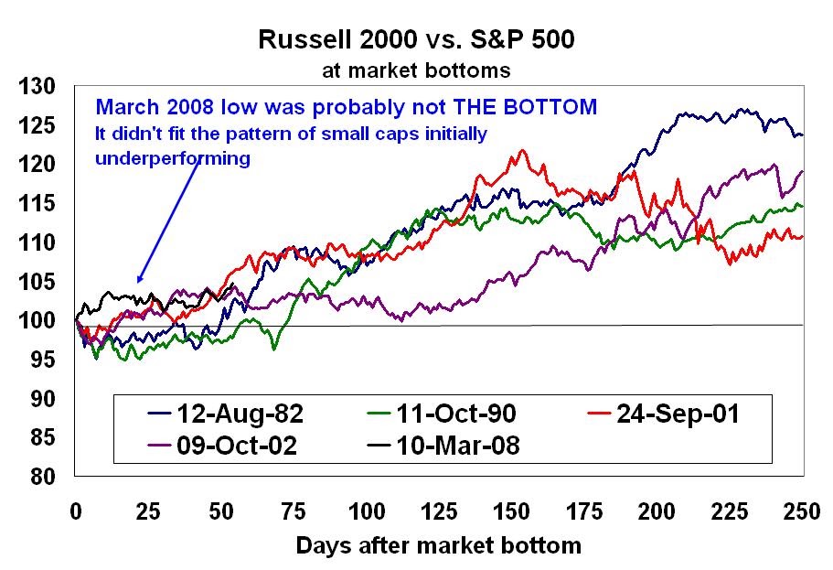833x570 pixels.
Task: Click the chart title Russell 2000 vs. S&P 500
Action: point(416,40)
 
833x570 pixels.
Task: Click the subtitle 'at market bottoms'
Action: point(416,70)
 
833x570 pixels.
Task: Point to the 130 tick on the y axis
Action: point(37,86)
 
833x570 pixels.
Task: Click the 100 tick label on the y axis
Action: point(37,320)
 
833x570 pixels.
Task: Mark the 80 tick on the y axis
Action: point(43,477)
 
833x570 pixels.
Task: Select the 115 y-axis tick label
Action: point(37,203)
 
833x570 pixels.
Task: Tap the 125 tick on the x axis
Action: point(439,511)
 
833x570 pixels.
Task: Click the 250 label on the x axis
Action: point(802,511)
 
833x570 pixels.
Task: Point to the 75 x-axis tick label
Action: point(293,511)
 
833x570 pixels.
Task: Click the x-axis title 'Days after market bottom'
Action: point(438,546)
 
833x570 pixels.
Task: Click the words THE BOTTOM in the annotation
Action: point(525,107)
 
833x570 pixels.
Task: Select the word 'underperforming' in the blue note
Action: point(173,158)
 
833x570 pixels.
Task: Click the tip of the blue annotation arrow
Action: point(138,283)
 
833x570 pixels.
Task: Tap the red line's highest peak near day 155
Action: point(522,150)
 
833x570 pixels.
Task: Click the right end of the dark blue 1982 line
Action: point(802,135)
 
